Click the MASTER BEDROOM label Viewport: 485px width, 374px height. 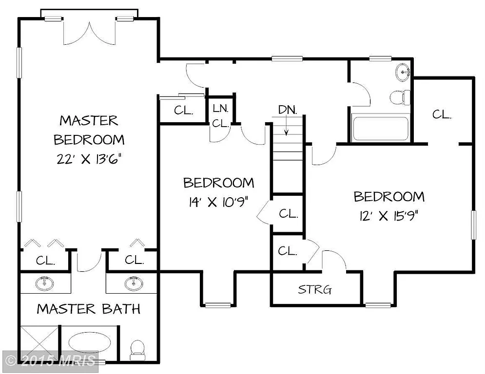coord(89,130)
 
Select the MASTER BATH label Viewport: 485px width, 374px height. coord(89,309)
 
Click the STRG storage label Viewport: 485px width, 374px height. coord(315,290)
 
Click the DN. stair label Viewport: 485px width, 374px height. coord(287,110)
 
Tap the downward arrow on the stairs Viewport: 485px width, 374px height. coord(287,128)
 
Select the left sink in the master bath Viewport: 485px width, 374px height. coord(46,282)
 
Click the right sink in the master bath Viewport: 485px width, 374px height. coord(132,282)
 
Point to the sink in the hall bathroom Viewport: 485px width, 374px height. coord(403,73)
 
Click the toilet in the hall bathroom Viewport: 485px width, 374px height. coord(398,97)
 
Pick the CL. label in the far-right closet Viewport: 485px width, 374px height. coord(442,115)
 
